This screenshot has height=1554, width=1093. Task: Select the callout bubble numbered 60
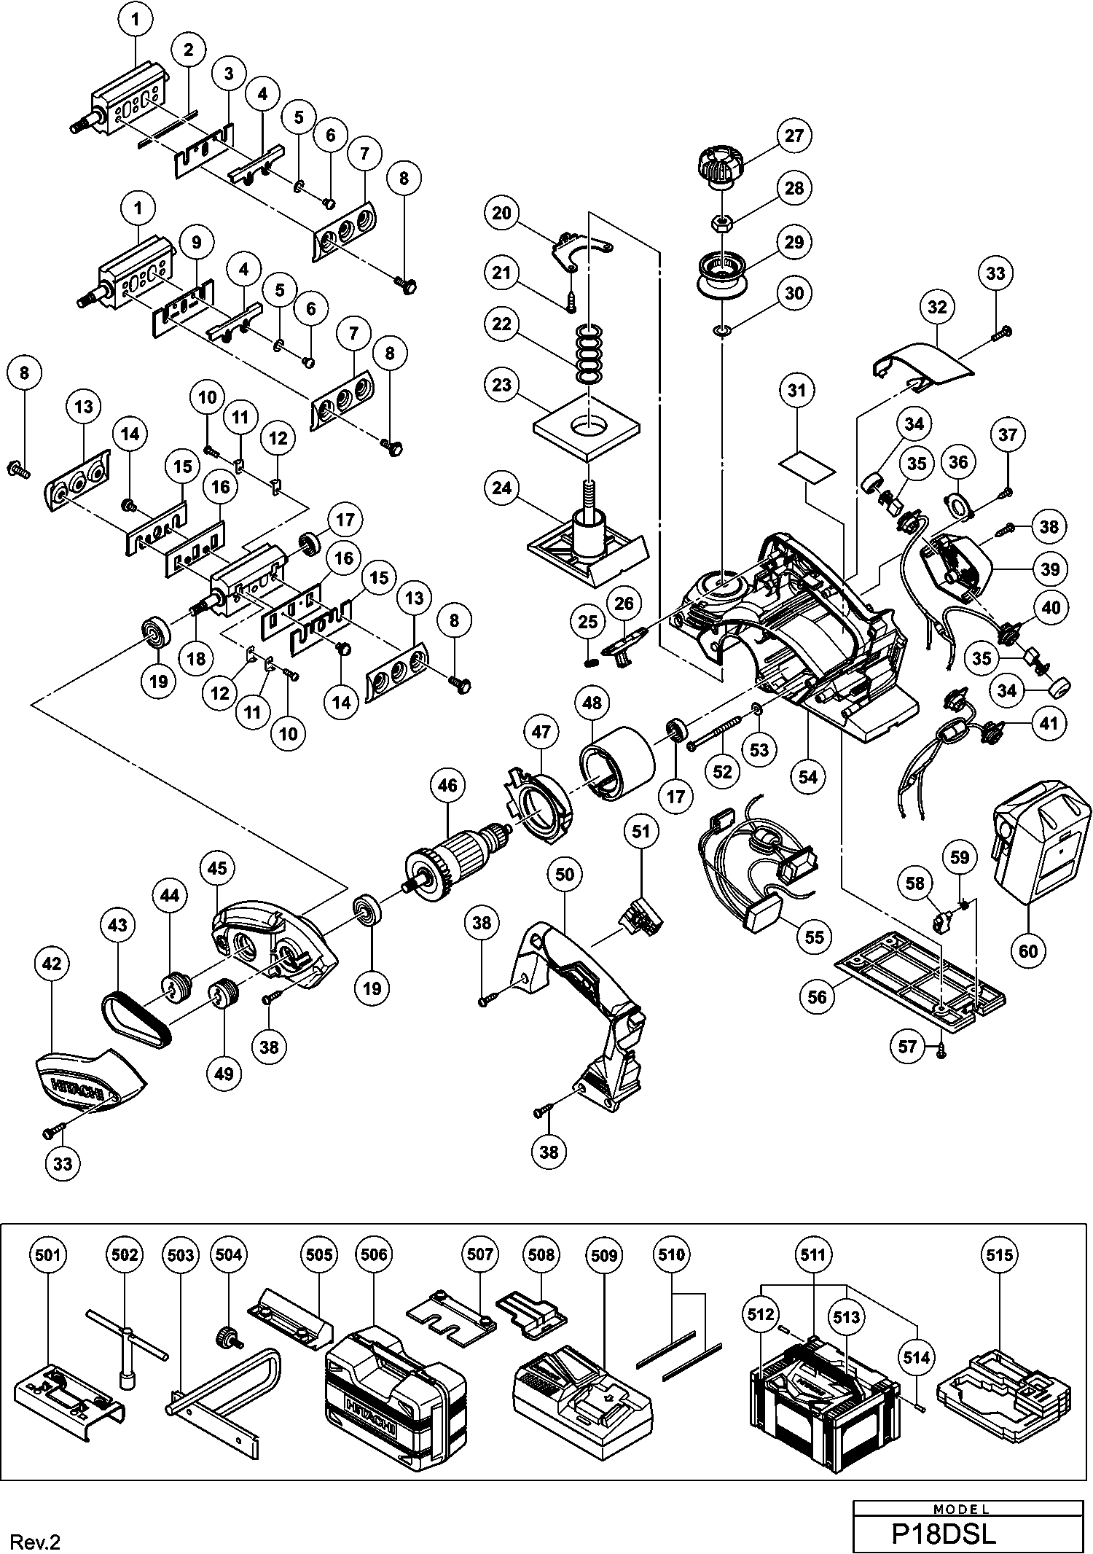(1028, 950)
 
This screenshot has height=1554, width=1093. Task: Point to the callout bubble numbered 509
(604, 1255)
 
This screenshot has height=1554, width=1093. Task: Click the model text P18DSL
(944, 1533)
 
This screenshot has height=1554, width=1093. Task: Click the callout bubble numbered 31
(797, 391)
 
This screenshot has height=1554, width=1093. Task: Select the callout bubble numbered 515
(999, 1255)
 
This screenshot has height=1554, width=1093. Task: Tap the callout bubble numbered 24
(502, 487)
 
